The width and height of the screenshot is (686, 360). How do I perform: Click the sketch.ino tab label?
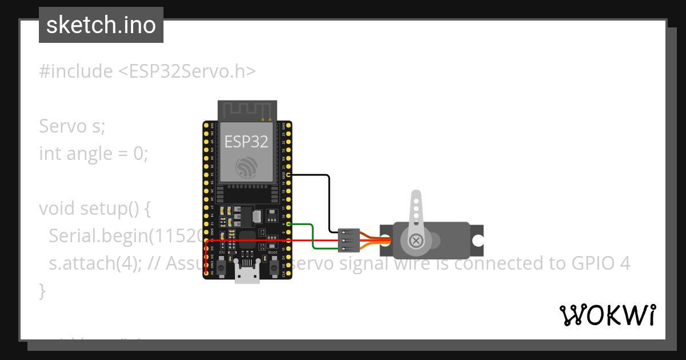point(101,25)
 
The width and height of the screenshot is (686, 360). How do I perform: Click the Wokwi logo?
point(607,315)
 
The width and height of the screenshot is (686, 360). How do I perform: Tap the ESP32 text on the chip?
point(246,141)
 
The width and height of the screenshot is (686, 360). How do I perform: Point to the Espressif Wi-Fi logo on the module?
point(246,167)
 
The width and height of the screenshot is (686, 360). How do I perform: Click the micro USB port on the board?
point(246,275)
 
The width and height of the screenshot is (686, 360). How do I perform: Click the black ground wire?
point(329,200)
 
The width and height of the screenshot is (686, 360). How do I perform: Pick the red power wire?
point(257,241)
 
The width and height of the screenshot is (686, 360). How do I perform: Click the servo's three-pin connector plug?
point(349,240)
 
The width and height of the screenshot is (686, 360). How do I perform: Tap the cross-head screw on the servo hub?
point(417,241)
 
